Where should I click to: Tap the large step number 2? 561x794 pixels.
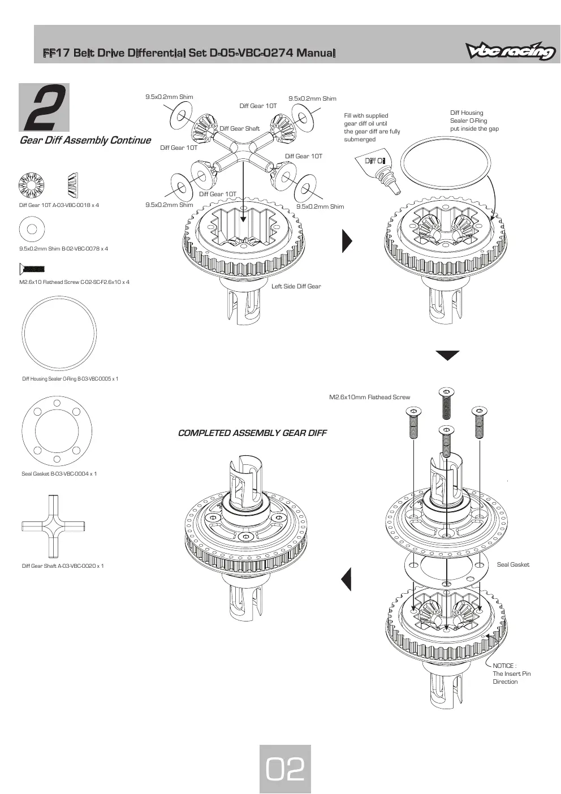point(44,107)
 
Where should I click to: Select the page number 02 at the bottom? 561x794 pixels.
point(285,769)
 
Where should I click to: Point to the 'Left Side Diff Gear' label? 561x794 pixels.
point(296,286)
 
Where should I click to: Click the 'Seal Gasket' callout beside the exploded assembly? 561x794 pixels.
point(513,564)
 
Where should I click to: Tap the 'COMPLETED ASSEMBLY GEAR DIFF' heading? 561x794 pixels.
point(252,433)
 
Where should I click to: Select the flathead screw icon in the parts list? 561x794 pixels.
point(32,269)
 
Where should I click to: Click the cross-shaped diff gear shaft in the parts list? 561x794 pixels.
point(53,526)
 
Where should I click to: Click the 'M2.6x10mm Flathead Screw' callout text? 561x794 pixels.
point(369,397)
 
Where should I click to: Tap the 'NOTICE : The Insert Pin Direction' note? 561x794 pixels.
point(511,674)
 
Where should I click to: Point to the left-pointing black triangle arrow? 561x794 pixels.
point(346,579)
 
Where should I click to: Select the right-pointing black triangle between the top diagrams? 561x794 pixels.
point(347,241)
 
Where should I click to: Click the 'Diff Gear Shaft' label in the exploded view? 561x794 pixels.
point(240,128)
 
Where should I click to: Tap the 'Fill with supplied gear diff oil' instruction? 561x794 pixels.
point(372,127)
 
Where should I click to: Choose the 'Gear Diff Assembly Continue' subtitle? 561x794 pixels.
point(85,140)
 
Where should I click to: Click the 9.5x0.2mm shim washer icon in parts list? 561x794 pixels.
point(32,229)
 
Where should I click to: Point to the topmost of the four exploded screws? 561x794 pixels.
point(446,403)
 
